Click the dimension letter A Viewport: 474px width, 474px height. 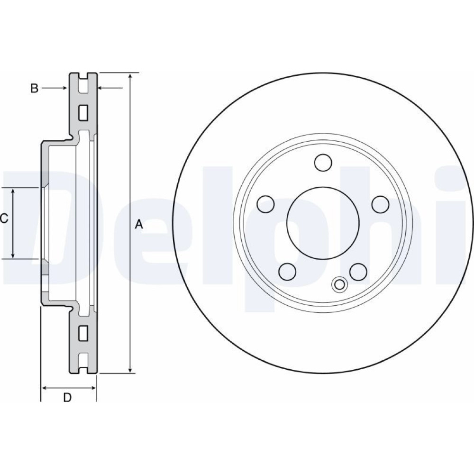[x=138, y=224]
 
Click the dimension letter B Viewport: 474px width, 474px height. [x=34, y=88]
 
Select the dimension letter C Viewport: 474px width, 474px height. [x=4, y=218]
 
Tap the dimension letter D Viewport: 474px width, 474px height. [x=67, y=397]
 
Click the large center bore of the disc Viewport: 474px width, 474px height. [x=323, y=222]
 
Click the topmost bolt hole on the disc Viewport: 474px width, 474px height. [x=323, y=162]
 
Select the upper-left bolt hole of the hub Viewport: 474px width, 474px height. [x=265, y=204]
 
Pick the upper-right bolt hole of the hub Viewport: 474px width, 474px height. [x=380, y=204]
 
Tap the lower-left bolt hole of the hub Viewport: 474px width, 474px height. [x=287, y=271]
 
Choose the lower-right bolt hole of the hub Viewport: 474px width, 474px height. [x=358, y=271]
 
